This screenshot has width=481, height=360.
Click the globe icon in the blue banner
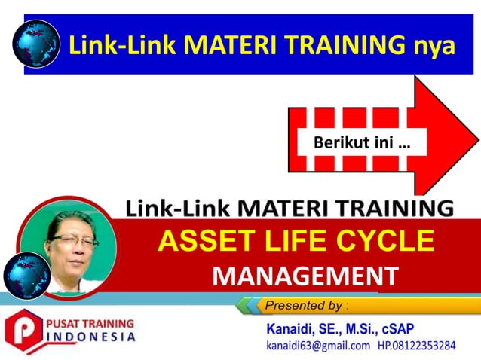(35, 44)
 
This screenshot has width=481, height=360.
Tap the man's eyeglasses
(74, 241)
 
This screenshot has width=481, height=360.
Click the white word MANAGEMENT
(305, 276)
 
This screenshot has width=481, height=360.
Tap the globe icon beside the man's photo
(26, 276)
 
